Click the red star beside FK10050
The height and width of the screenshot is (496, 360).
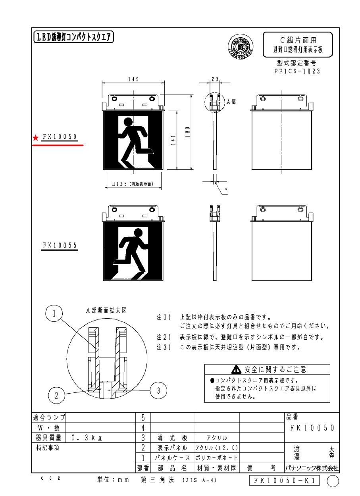[36, 138]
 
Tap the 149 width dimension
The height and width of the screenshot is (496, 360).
[133, 79]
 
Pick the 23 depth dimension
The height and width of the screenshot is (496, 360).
[215, 79]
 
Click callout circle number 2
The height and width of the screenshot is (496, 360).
[56, 395]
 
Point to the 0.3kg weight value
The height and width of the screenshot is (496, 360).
[87, 438]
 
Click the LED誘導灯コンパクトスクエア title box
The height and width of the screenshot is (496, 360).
[73, 38]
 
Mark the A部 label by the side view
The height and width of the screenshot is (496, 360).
[231, 102]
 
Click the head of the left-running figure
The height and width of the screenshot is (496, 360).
[128, 121]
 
